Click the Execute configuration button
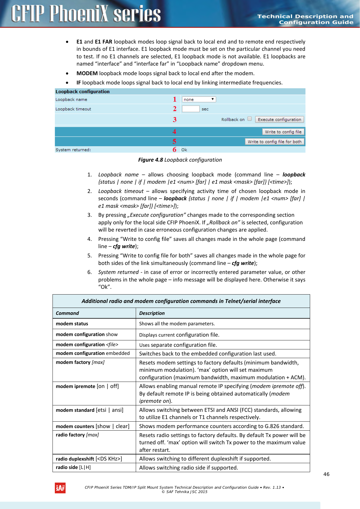(279, 120)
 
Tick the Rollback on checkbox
(249, 119)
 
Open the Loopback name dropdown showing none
(199, 100)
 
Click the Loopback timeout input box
(191, 109)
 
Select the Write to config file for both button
(274, 142)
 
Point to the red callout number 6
(174, 150)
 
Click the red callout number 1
(175, 100)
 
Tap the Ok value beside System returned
(184, 150)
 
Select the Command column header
(67, 313)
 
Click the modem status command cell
(72, 324)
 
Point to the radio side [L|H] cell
(73, 467)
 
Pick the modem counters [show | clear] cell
(92, 426)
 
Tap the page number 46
(326, 474)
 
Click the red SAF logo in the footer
(60, 488)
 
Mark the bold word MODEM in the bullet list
(87, 73)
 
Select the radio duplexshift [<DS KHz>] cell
(89, 459)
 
